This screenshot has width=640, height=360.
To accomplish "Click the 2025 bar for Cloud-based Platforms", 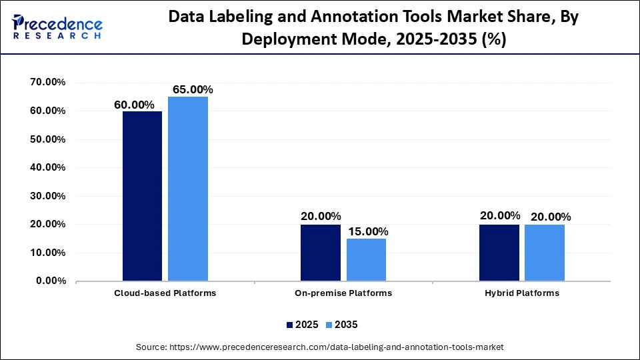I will coord(142,196).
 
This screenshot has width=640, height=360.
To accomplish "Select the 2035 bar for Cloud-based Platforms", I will coord(188,189).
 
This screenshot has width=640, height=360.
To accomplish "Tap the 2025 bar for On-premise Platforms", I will coord(320,253).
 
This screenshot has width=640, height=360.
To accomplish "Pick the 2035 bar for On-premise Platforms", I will coord(366,259).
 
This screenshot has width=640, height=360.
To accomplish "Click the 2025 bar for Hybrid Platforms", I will coord(499,253).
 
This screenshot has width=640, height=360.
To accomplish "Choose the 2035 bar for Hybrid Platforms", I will coord(545,253).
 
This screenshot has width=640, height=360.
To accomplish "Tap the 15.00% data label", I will coord(367,231).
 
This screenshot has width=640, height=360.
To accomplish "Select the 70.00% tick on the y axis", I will coord(48,83).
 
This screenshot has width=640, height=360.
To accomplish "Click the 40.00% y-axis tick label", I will coord(48,168).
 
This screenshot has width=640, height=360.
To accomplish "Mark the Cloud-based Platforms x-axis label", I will coord(165,293).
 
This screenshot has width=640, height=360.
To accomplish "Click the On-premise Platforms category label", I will coord(343,293).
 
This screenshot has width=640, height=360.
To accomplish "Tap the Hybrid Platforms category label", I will coord(521,293).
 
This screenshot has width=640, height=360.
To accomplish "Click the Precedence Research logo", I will coord(57,27).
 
